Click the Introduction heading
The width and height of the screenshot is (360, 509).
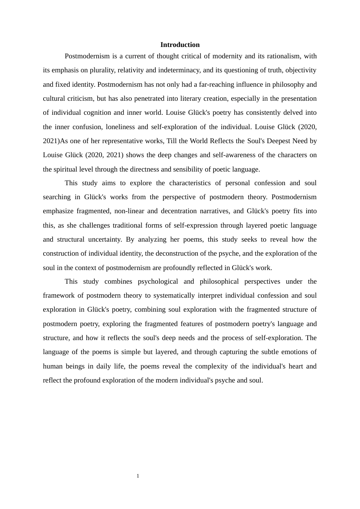180,45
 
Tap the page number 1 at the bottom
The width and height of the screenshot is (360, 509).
138,476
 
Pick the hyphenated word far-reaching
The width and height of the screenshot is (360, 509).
217,84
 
